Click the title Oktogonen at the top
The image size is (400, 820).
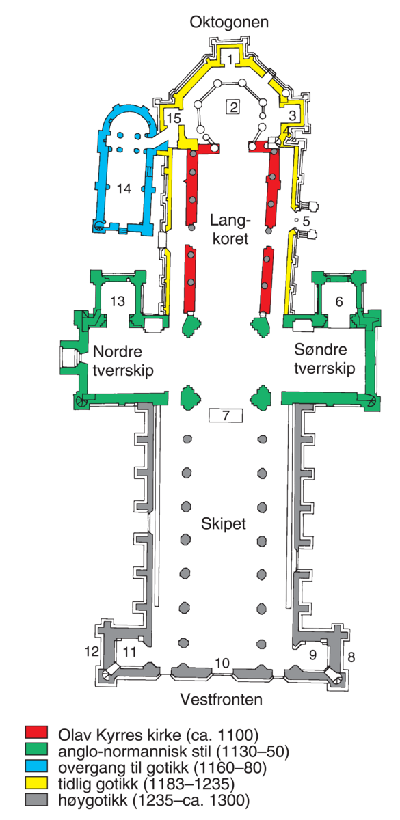(229, 23)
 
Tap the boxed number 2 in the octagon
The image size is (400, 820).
(233, 107)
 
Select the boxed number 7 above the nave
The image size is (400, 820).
(226, 415)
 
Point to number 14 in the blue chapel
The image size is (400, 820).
(124, 189)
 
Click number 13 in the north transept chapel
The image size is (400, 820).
(118, 301)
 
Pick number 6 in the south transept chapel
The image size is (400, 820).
(339, 301)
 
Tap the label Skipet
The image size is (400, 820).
(224, 524)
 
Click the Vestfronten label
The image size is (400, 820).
(222, 700)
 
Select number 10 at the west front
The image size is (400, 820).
(222, 663)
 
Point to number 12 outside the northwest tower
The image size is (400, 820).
(92, 651)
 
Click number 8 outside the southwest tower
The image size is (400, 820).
(351, 657)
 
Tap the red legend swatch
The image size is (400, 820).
(36, 732)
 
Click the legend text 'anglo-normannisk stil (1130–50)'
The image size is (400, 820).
(174, 752)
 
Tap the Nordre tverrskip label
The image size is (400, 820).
(123, 361)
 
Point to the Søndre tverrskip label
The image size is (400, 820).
(325, 359)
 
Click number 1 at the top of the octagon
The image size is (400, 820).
(230, 59)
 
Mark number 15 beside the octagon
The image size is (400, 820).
(174, 118)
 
